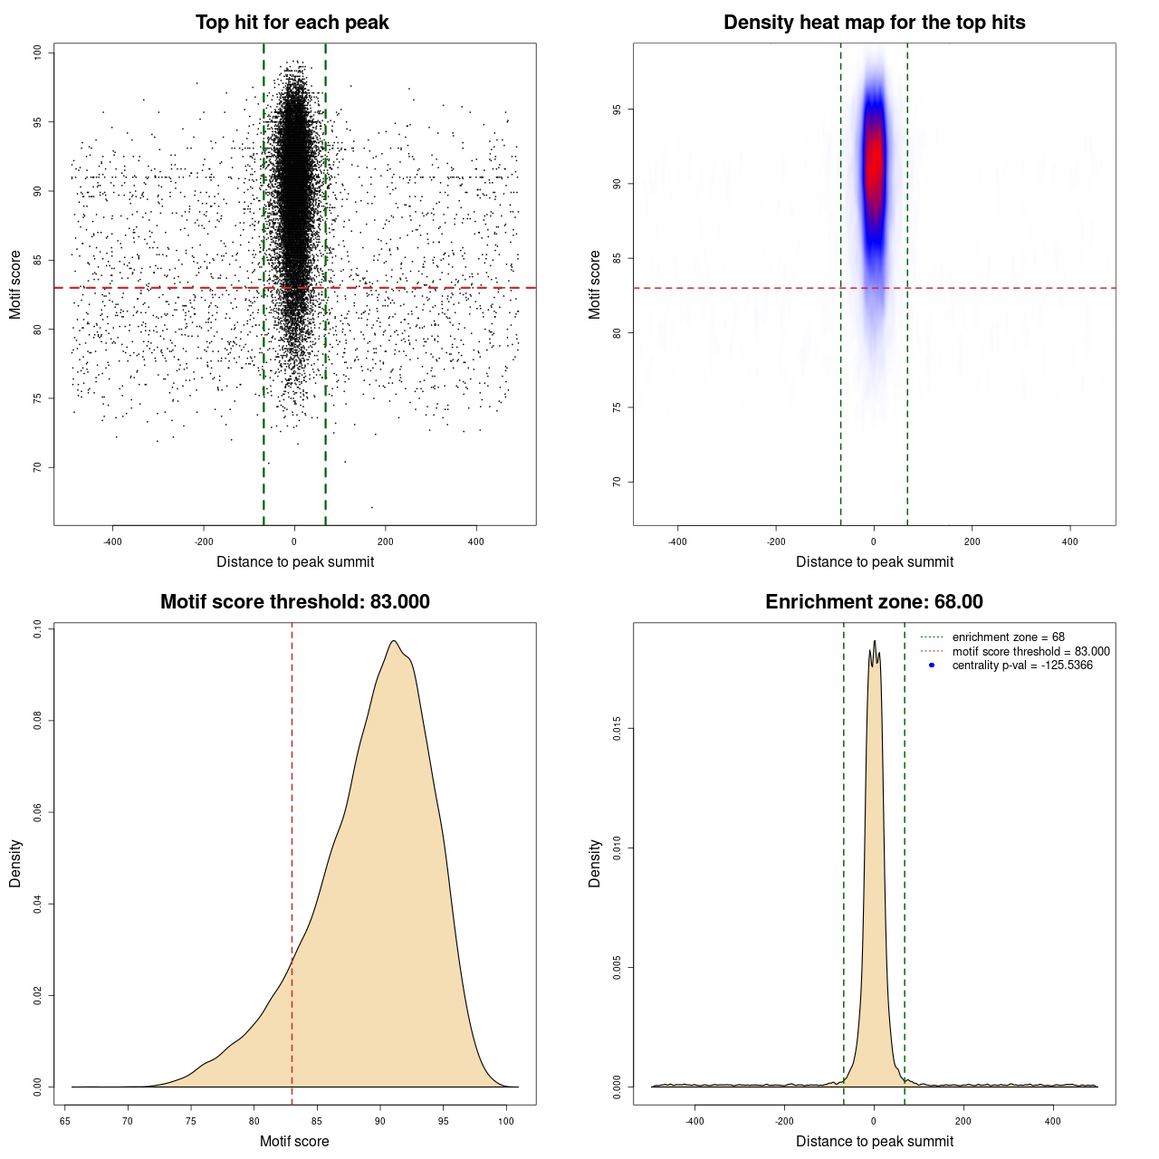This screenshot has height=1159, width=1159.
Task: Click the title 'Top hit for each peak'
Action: click(292, 23)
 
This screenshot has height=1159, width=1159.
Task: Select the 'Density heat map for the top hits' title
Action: click(874, 23)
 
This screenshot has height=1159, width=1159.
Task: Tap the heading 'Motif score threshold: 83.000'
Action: click(294, 602)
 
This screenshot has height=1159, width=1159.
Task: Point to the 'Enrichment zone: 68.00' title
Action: click(874, 602)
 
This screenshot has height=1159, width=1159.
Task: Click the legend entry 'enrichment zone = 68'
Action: click(1008, 637)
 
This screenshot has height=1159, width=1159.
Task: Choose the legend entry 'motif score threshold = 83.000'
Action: click(1030, 651)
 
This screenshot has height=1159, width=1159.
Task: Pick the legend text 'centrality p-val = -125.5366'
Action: click(1022, 666)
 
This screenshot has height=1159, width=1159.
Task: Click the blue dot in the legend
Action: click(932, 666)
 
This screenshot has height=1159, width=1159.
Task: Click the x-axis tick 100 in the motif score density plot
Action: click(506, 1121)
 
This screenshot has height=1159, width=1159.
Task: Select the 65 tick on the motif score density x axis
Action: click(65, 1121)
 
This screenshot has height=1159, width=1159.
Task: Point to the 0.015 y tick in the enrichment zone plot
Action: click(617, 728)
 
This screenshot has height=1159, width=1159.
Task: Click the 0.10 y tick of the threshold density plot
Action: click(37, 628)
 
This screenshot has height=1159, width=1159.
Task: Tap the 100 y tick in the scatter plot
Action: click(37, 53)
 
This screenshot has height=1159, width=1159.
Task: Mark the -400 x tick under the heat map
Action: click(677, 541)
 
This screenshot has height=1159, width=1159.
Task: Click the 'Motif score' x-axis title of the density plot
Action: click(294, 1141)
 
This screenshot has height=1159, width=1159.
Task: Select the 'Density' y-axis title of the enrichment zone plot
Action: click(595, 863)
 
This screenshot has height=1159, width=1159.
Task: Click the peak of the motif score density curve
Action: click(393, 641)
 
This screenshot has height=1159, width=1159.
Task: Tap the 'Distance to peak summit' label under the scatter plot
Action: click(295, 561)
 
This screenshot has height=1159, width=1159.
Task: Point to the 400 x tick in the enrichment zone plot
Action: click(1052, 1121)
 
